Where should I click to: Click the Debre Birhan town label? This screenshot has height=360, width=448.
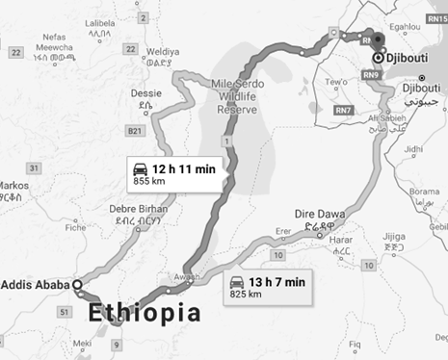coord(138,209)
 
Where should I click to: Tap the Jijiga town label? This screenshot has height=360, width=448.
coord(396,235)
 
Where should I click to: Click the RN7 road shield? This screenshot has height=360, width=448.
coord(342,112)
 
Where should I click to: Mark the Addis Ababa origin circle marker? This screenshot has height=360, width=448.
coord(76,286)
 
